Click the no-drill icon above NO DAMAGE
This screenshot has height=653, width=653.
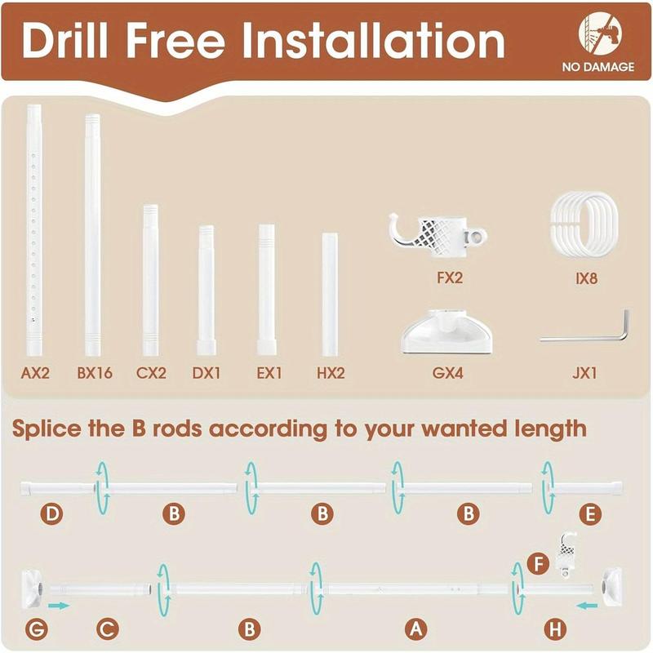(597, 33)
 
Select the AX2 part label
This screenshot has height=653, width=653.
(36, 374)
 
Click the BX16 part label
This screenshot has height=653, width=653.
(95, 374)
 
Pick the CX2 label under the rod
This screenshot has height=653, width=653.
(151, 374)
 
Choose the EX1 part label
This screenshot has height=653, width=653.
(270, 374)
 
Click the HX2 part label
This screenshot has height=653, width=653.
(330, 374)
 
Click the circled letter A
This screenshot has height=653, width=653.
(416, 629)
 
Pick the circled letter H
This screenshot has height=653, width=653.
(554, 629)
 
